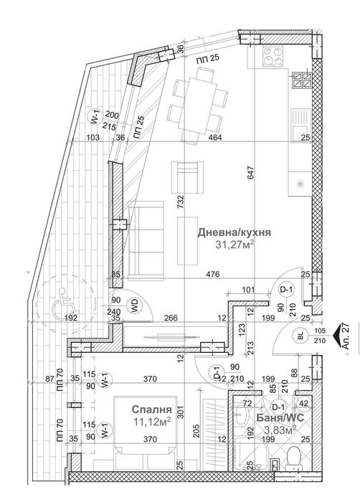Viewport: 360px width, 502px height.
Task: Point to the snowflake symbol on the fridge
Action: pos(299,184)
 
